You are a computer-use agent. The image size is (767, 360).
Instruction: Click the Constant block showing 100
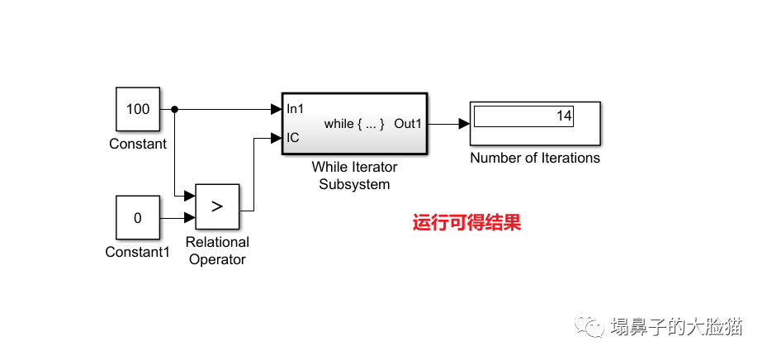pyautogui.click(x=138, y=109)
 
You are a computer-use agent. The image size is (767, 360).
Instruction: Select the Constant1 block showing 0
pyautogui.click(x=137, y=218)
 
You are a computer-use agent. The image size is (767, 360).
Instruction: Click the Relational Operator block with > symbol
pyautogui.click(x=217, y=206)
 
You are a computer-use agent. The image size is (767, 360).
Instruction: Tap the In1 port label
pyautogui.click(x=295, y=109)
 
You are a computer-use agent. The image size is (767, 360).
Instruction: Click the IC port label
pyautogui.click(x=292, y=138)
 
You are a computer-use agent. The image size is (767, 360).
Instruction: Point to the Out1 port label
pyautogui.click(x=408, y=124)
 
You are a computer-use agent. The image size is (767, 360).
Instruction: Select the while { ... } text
pyautogui.click(x=354, y=124)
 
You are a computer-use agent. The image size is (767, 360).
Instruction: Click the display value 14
pyautogui.click(x=564, y=116)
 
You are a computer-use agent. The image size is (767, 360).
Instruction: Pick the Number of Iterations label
pyautogui.click(x=535, y=158)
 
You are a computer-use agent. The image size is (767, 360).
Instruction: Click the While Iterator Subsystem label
pyautogui.click(x=354, y=176)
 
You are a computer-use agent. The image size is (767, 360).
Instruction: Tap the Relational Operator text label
pyautogui.click(x=217, y=251)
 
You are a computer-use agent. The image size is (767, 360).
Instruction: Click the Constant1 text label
pyautogui.click(x=137, y=252)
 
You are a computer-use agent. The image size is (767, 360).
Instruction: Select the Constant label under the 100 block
pyautogui.click(x=138, y=144)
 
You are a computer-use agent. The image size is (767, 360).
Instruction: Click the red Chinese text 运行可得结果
pyautogui.click(x=467, y=223)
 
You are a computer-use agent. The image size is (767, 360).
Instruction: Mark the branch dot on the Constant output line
pyautogui.click(x=174, y=109)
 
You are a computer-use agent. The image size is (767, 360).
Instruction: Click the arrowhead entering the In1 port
pyautogui.click(x=276, y=109)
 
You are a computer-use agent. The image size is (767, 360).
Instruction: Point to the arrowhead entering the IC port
pyautogui.click(x=276, y=138)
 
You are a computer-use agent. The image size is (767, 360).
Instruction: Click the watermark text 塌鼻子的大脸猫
pyautogui.click(x=676, y=326)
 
